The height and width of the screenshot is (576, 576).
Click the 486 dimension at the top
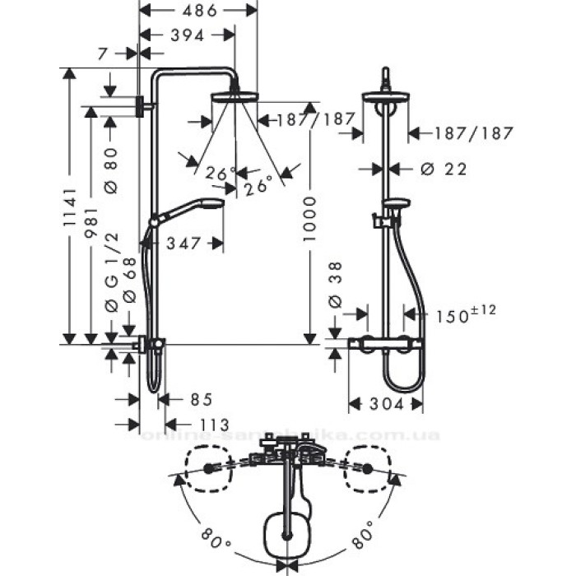[x=198, y=11]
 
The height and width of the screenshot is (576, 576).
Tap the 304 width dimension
[x=385, y=404]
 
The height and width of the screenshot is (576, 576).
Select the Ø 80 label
[x=110, y=170]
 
